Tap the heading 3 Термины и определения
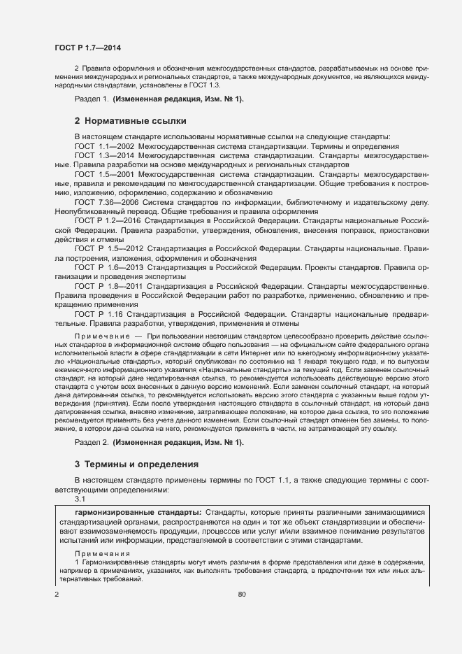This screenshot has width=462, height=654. coord(132,464)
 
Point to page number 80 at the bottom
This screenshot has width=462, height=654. coord(242,595)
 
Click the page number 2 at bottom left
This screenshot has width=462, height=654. coord(57,595)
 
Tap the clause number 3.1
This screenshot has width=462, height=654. coord(80,499)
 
